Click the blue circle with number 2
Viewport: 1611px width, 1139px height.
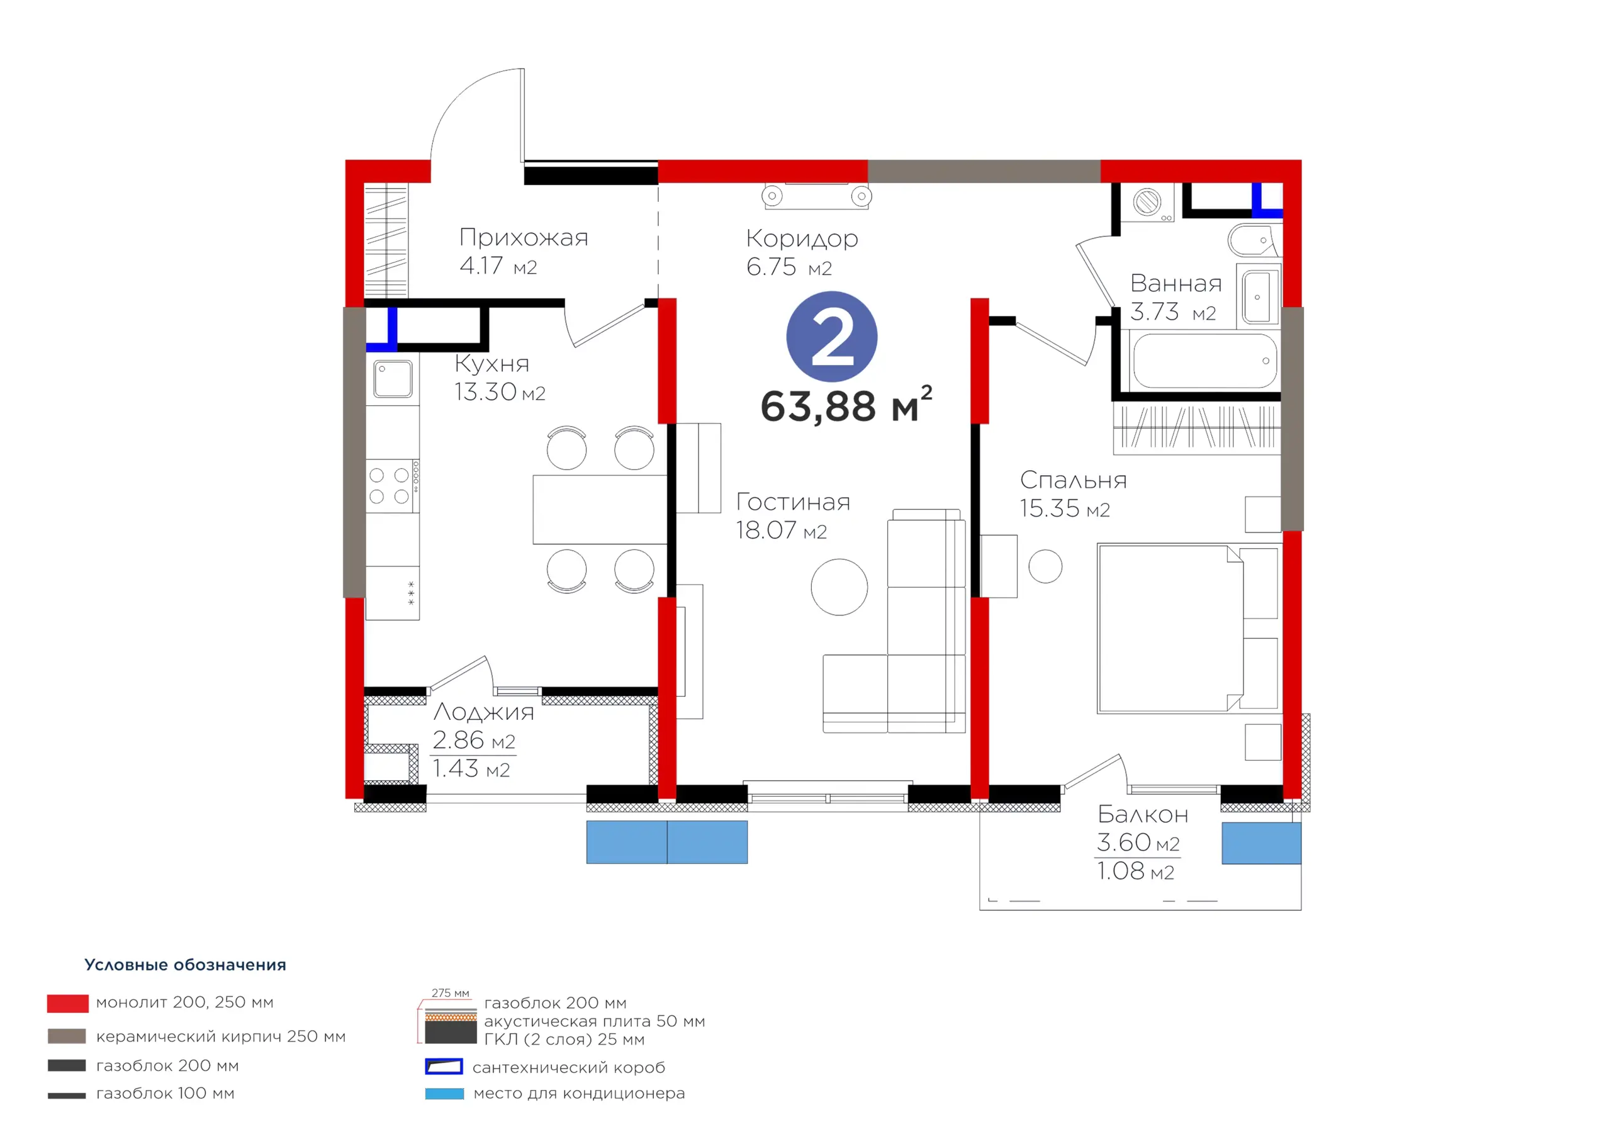(831, 337)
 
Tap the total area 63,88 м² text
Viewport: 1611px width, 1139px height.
(846, 405)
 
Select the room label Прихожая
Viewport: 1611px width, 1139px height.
(524, 237)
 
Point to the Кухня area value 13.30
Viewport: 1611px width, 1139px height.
(486, 391)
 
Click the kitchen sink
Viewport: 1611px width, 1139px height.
(392, 379)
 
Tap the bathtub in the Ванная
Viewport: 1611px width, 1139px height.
(1204, 361)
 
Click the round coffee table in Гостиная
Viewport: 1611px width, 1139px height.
(839, 586)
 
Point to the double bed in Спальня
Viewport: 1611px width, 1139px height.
(1188, 628)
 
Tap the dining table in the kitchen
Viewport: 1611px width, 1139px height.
(600, 510)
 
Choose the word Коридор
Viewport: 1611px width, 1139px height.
(802, 238)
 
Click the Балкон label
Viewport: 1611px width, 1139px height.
(1143, 814)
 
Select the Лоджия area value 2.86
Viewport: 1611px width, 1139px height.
(458, 739)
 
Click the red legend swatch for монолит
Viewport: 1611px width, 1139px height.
(68, 1004)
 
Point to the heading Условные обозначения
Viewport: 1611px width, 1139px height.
(185, 965)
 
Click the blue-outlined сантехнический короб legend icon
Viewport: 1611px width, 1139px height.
(444, 1067)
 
